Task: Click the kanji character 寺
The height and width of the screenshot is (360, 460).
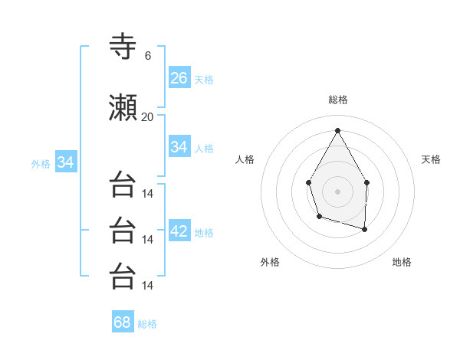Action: point(123,47)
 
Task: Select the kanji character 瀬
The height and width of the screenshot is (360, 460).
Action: point(123,109)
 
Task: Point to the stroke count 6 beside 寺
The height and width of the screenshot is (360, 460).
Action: point(147,55)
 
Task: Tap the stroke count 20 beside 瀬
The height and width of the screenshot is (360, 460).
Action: point(147,117)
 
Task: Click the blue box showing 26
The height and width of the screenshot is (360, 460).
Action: point(179,78)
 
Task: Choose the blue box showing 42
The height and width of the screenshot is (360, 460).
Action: point(179,231)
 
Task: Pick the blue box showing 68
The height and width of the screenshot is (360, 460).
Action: point(123,322)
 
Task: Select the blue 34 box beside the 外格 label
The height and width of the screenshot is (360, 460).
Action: point(65,162)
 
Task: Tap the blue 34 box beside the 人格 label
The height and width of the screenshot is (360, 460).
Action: point(179,147)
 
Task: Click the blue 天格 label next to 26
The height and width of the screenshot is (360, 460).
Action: point(204,80)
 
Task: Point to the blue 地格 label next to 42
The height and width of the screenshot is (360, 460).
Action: point(204,233)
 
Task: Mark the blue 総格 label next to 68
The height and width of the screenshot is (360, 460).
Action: point(147,324)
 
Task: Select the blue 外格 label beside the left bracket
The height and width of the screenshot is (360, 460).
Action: point(41,164)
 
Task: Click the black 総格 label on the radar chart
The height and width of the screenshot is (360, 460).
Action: point(337,100)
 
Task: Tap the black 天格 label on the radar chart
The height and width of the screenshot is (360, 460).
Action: point(432,159)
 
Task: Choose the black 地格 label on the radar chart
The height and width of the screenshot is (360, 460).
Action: point(402,262)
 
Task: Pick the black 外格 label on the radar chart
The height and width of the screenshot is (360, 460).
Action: point(270,262)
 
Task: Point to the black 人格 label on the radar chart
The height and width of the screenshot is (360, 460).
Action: point(245,159)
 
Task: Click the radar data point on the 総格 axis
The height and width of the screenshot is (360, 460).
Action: point(337,129)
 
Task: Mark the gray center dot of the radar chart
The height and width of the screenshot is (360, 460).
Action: point(337,191)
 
